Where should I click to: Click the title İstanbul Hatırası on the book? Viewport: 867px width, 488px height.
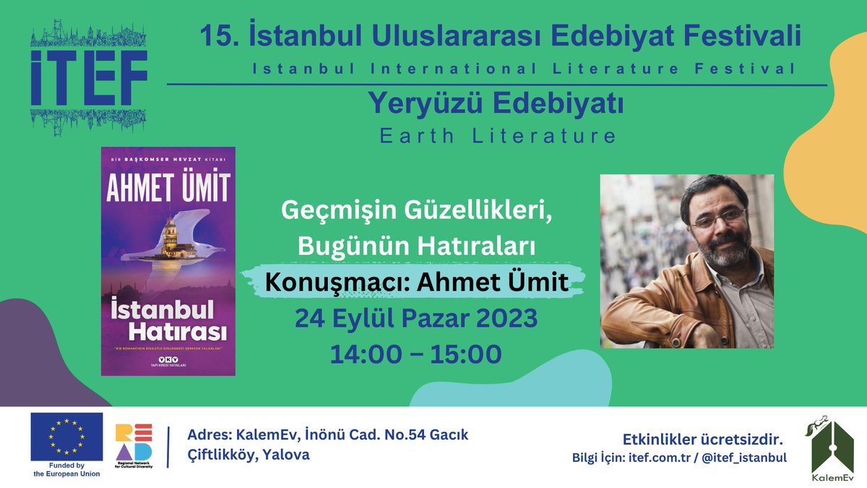168,320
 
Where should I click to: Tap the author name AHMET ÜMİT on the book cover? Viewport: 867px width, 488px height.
168,188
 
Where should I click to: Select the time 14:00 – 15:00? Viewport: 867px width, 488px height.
415,354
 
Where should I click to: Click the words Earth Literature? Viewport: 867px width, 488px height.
499,135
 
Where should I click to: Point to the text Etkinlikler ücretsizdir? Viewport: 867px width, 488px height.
702,440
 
